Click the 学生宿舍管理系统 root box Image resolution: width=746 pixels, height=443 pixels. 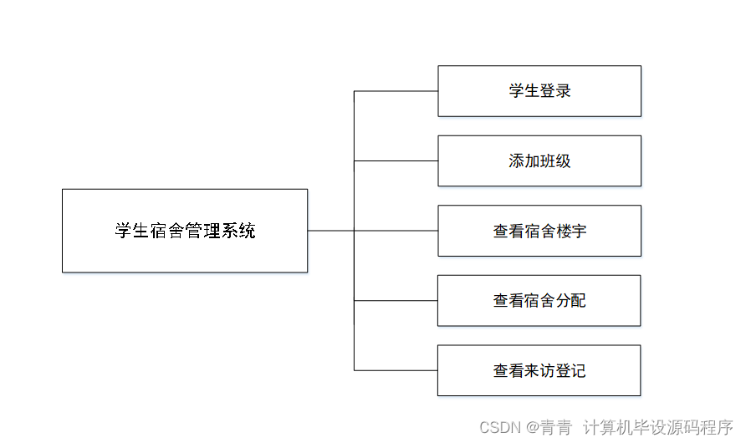pos(185,231)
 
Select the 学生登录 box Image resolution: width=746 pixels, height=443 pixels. pos(539,91)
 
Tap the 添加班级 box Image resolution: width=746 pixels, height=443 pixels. pos(539,160)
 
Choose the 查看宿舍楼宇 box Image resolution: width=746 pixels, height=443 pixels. pos(539,231)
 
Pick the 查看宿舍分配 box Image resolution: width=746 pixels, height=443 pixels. pos(539,300)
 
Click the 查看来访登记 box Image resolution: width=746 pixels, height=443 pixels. pos(539,370)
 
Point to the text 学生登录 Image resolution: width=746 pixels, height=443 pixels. pos(539,91)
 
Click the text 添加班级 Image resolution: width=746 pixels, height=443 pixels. pos(539,160)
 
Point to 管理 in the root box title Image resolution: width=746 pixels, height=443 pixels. pos(202,231)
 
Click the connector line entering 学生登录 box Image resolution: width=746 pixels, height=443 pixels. pos(396,91)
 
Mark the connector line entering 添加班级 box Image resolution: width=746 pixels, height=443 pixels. pos(396,160)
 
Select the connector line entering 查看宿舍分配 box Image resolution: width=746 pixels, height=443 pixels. pos(396,300)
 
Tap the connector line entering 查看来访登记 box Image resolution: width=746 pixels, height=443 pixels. pos(396,370)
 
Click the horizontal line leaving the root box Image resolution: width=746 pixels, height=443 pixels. pos(330,231)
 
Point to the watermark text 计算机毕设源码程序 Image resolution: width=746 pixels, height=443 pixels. pos(657,427)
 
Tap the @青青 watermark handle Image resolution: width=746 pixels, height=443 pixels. pos(549,427)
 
